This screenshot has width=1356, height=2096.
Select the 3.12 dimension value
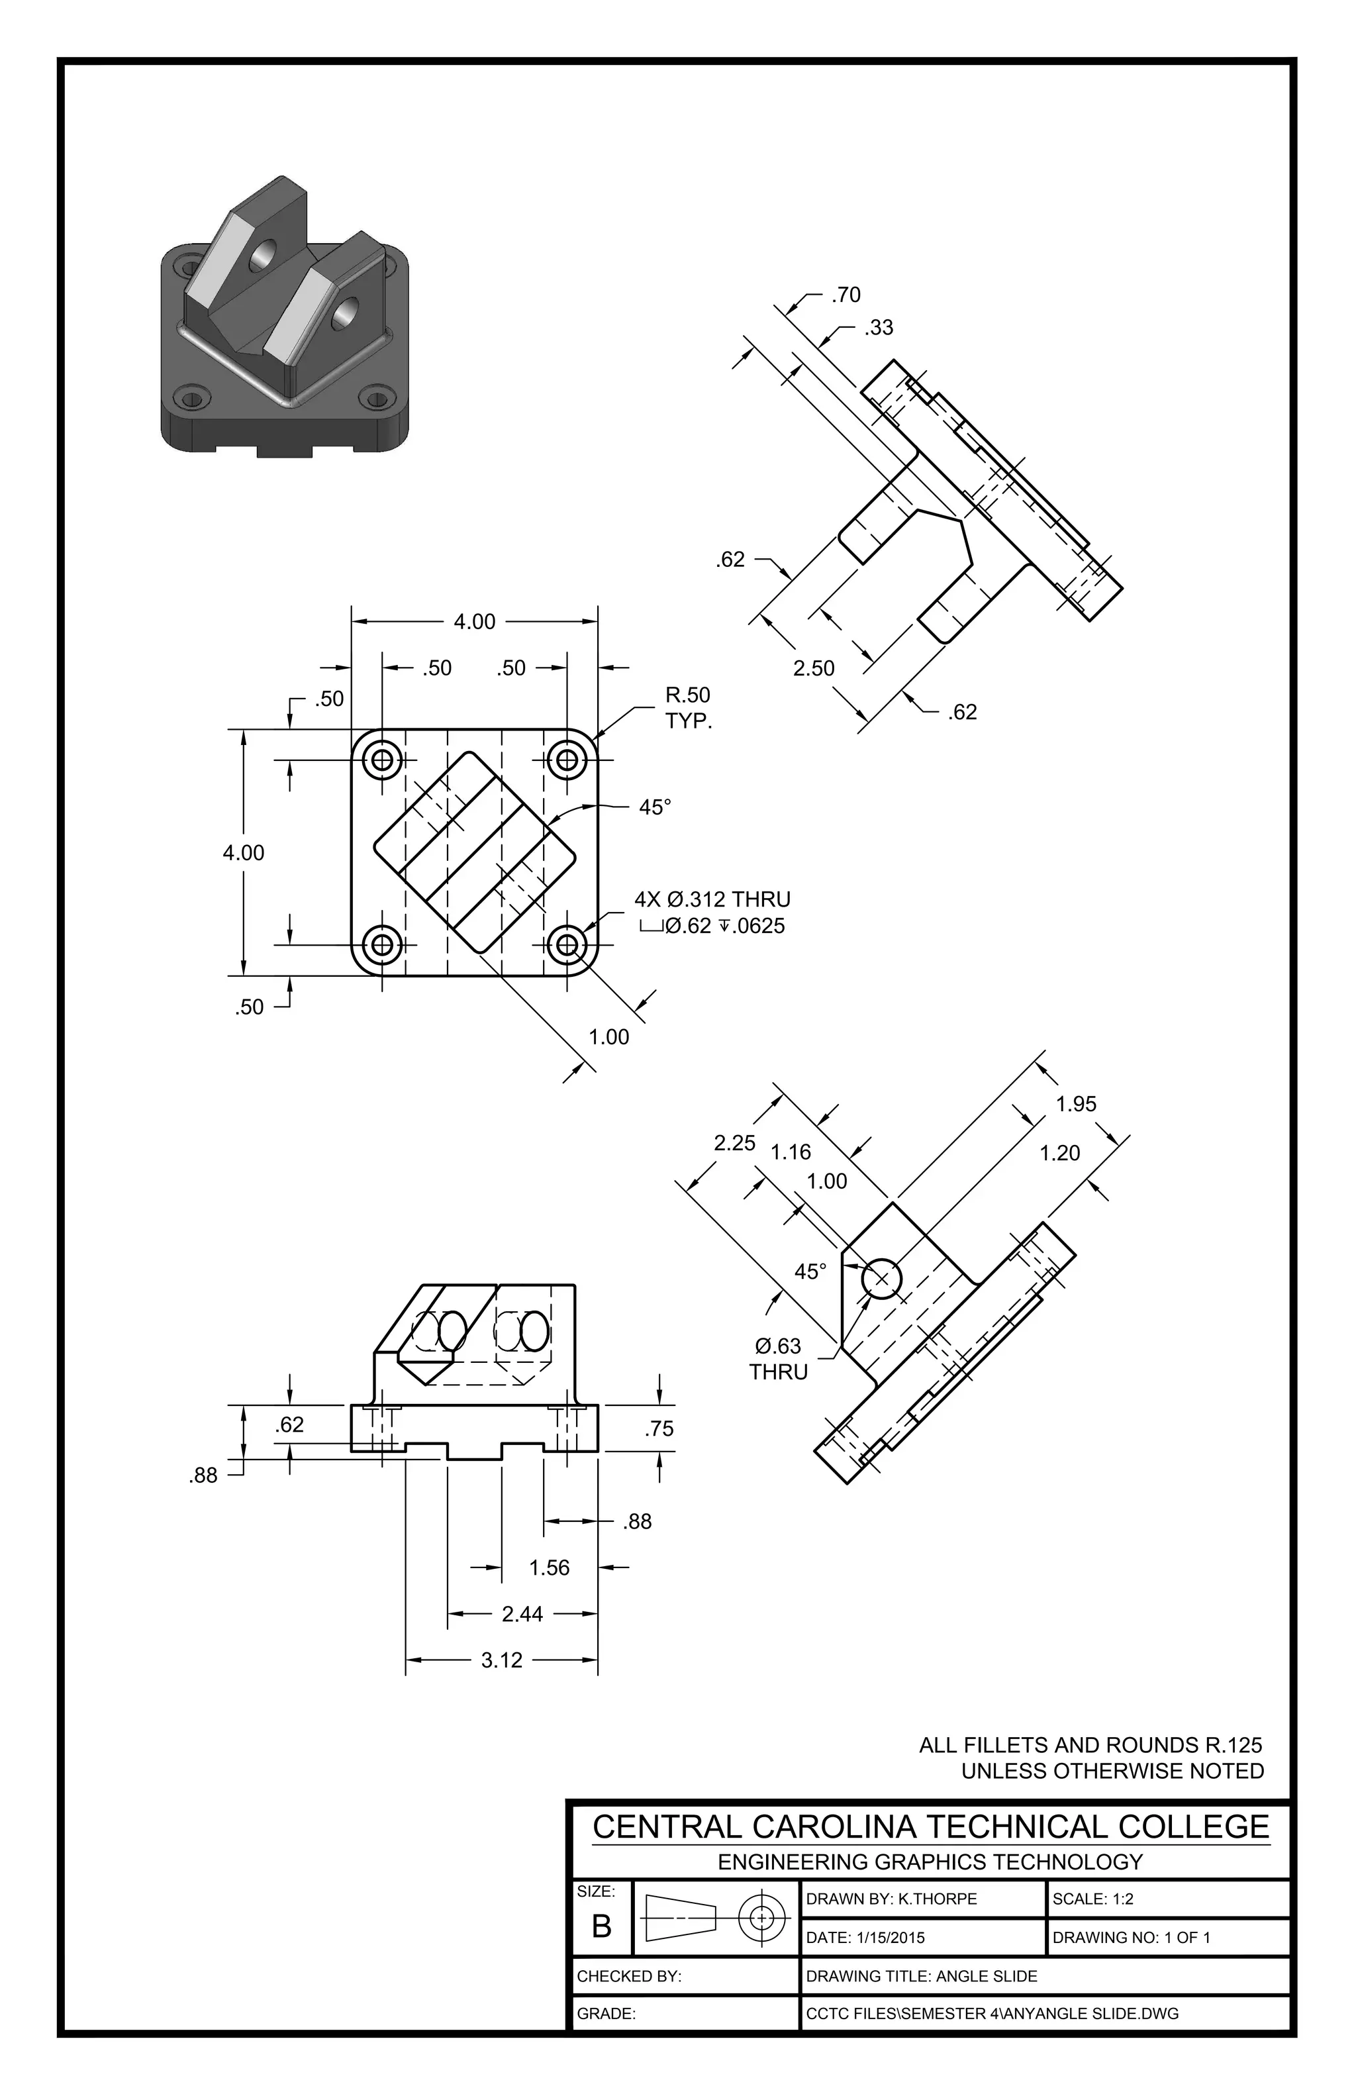[x=502, y=1660]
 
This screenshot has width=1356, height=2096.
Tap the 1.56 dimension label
[x=550, y=1568]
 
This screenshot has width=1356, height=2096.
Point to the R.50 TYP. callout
[x=688, y=707]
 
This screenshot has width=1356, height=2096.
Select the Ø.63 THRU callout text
[x=779, y=1358]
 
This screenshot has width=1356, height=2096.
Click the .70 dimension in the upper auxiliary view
[x=846, y=295]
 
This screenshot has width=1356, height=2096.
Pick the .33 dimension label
[x=878, y=328]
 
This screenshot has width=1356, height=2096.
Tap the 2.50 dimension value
[x=814, y=668]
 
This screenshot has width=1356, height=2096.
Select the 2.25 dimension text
[x=734, y=1142]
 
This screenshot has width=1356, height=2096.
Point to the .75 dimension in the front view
[x=659, y=1428]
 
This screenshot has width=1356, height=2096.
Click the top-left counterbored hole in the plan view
[x=382, y=758]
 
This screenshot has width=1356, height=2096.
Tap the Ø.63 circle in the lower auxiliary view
[x=881, y=1279]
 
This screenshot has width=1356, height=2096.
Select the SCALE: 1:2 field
[x=1092, y=1899]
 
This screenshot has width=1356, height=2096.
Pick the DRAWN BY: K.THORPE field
[x=891, y=1899]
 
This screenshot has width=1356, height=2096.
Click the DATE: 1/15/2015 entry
[x=865, y=1938]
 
